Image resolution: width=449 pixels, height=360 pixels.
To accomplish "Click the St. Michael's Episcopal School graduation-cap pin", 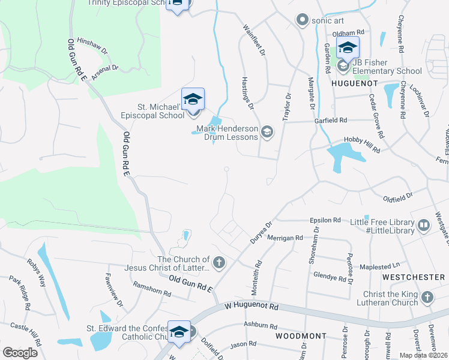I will pos(193,99).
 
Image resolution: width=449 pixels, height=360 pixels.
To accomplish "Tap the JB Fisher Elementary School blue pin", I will pos(347,47).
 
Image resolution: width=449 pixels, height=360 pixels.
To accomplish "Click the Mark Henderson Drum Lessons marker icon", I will pos(267,133).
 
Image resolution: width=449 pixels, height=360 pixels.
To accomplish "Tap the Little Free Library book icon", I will pos(424,226).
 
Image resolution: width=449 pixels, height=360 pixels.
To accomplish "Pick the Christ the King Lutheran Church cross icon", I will pos(427,297).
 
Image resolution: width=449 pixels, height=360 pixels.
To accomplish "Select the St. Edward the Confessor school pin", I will pos(179,332).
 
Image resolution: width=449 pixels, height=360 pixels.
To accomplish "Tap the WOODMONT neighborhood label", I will pos(301,336).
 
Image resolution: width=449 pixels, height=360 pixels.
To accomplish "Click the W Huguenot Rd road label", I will pos(252,306).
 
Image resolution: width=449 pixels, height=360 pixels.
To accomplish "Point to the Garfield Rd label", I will pos(331,120).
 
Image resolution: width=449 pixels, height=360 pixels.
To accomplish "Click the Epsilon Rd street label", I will pos(325,220).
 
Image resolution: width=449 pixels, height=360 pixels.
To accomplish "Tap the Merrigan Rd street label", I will pos(285,238).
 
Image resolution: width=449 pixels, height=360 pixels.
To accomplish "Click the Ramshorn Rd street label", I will pos(152,290).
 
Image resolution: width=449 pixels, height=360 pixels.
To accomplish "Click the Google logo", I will pos(20,352).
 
